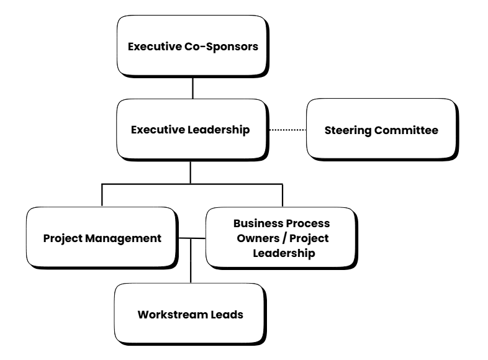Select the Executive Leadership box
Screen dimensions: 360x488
tap(191, 130)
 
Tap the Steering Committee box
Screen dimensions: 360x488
tap(382, 130)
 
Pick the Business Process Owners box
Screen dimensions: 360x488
tap(281, 238)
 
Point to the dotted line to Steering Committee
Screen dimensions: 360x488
tap(287, 130)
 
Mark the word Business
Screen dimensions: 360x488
tap(255, 222)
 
